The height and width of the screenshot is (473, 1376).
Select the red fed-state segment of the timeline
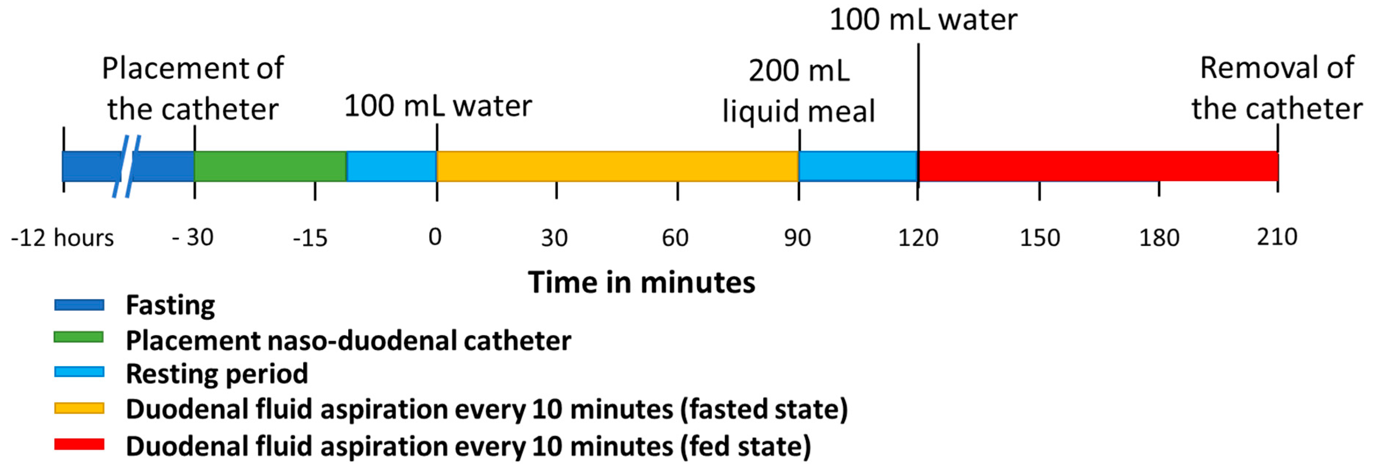click(1098, 166)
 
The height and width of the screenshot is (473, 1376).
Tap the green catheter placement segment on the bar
click(270, 166)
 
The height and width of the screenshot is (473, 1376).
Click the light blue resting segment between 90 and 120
click(858, 166)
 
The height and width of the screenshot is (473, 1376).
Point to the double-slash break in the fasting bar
click(127, 166)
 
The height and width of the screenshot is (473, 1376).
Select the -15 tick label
click(310, 238)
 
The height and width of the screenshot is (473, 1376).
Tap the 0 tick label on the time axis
click(435, 237)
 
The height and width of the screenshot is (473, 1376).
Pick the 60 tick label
click(675, 238)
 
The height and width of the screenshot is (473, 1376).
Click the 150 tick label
click(1040, 238)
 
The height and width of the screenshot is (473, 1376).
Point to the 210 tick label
click(1277, 237)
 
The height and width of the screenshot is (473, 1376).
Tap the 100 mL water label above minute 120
click(923, 20)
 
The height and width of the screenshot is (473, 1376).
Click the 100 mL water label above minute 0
click(438, 106)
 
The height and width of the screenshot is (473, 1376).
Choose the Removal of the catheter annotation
click(1277, 88)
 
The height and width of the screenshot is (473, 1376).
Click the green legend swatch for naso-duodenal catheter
click(78, 337)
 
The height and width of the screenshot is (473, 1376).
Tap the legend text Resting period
click(217, 373)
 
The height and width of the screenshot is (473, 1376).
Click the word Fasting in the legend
click(170, 305)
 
